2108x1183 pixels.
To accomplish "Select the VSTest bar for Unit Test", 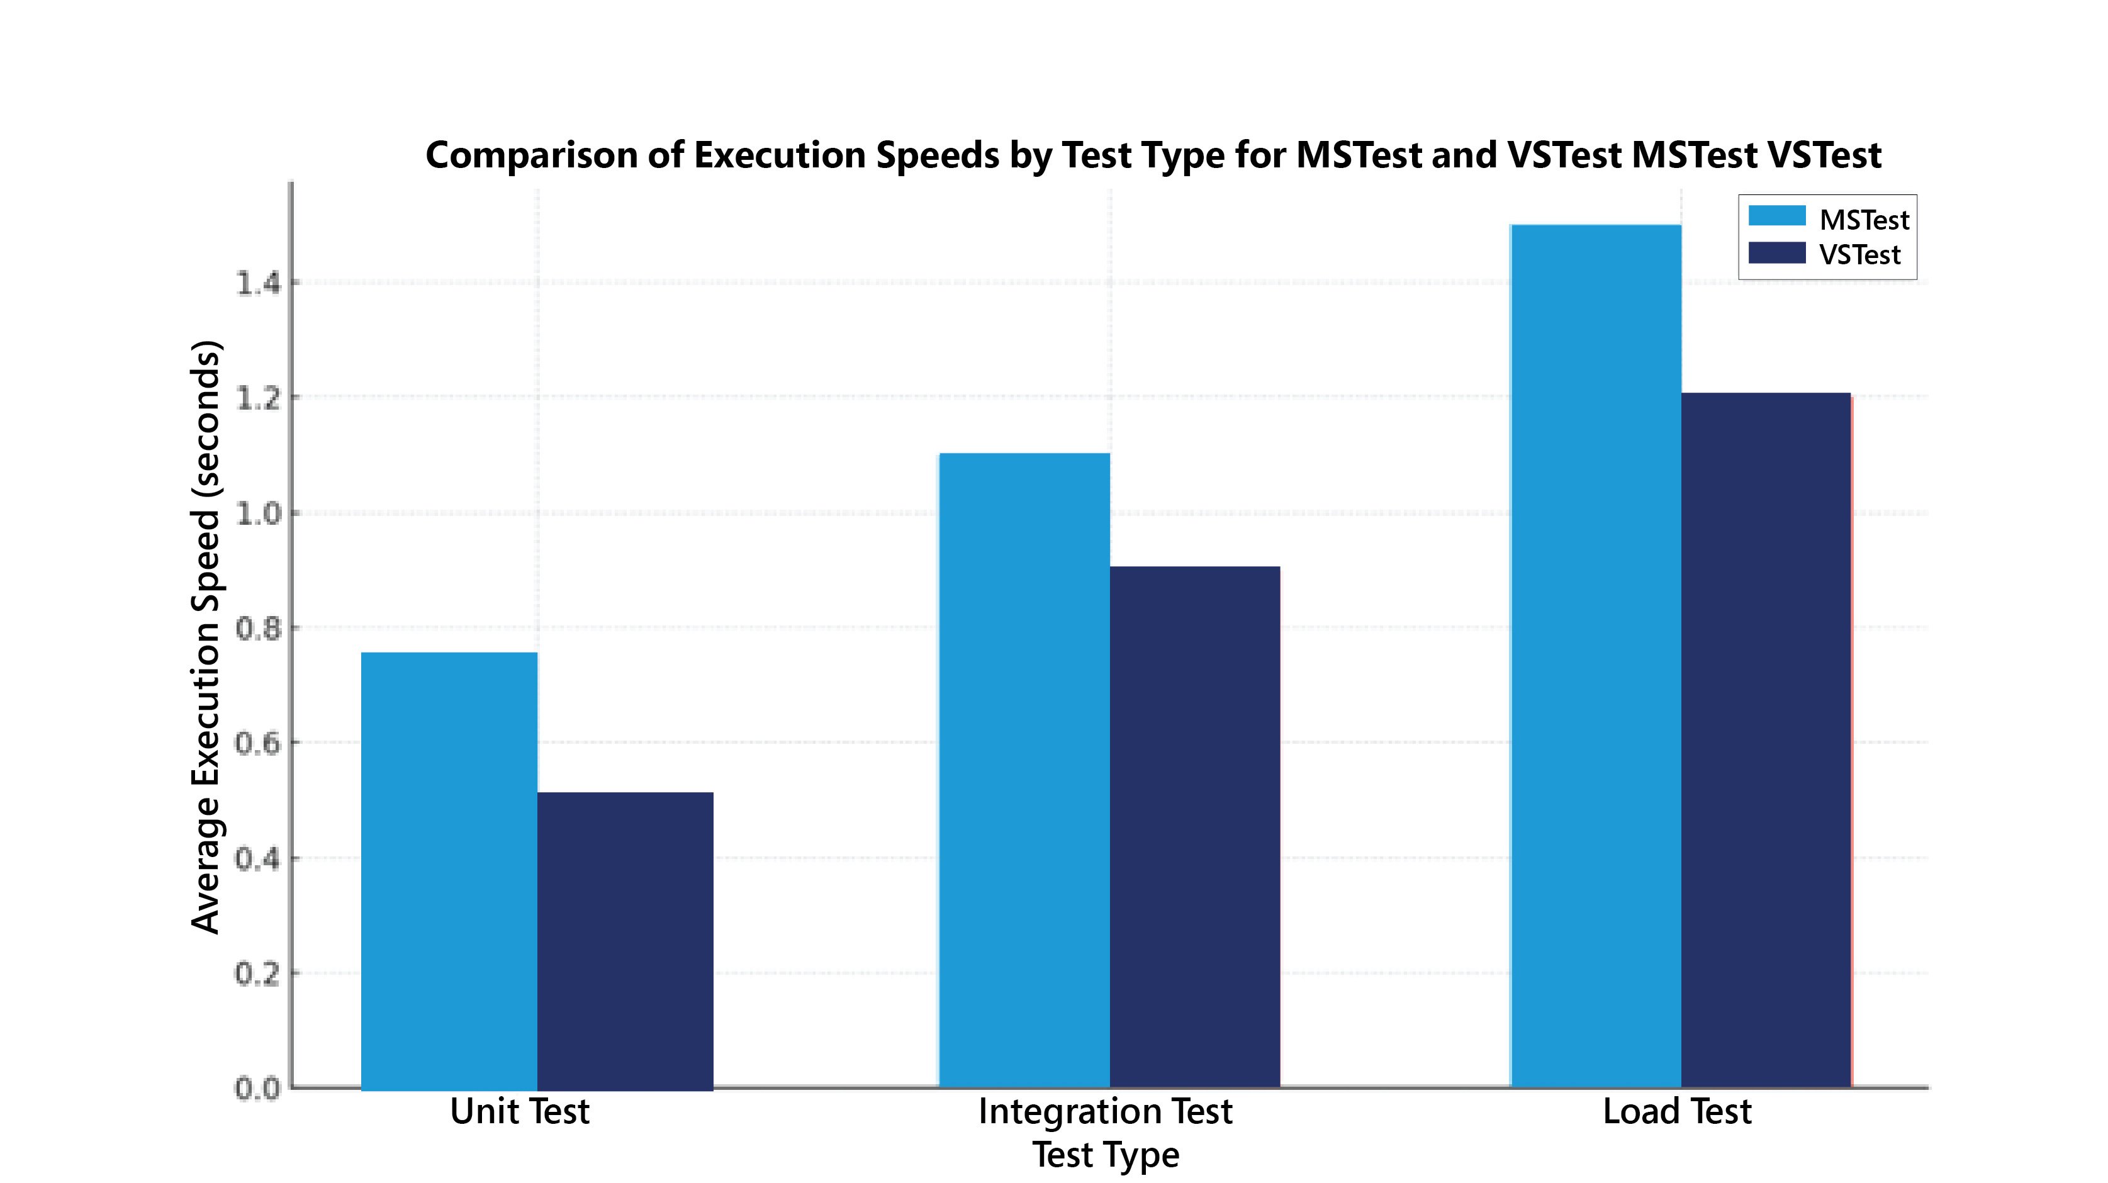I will point(625,941).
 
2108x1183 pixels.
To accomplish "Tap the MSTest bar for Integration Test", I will point(1024,770).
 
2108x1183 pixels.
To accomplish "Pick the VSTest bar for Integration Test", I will point(1195,826).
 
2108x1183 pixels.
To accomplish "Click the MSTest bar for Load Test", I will point(1595,655).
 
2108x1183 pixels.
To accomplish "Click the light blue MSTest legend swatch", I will point(1776,216).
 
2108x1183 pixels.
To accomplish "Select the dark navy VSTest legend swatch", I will point(1776,253).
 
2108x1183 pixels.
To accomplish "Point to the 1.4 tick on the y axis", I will point(258,284).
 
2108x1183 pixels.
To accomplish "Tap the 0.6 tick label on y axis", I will point(258,744).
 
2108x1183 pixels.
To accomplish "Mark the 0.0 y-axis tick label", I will point(258,1089).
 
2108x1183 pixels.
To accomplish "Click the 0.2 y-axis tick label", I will point(258,974).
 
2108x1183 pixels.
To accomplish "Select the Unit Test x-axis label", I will point(520,1112).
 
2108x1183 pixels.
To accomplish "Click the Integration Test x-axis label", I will point(1105,1112).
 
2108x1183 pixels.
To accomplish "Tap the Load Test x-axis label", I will point(1677,1112).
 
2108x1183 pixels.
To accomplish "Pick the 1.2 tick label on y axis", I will point(258,398).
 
